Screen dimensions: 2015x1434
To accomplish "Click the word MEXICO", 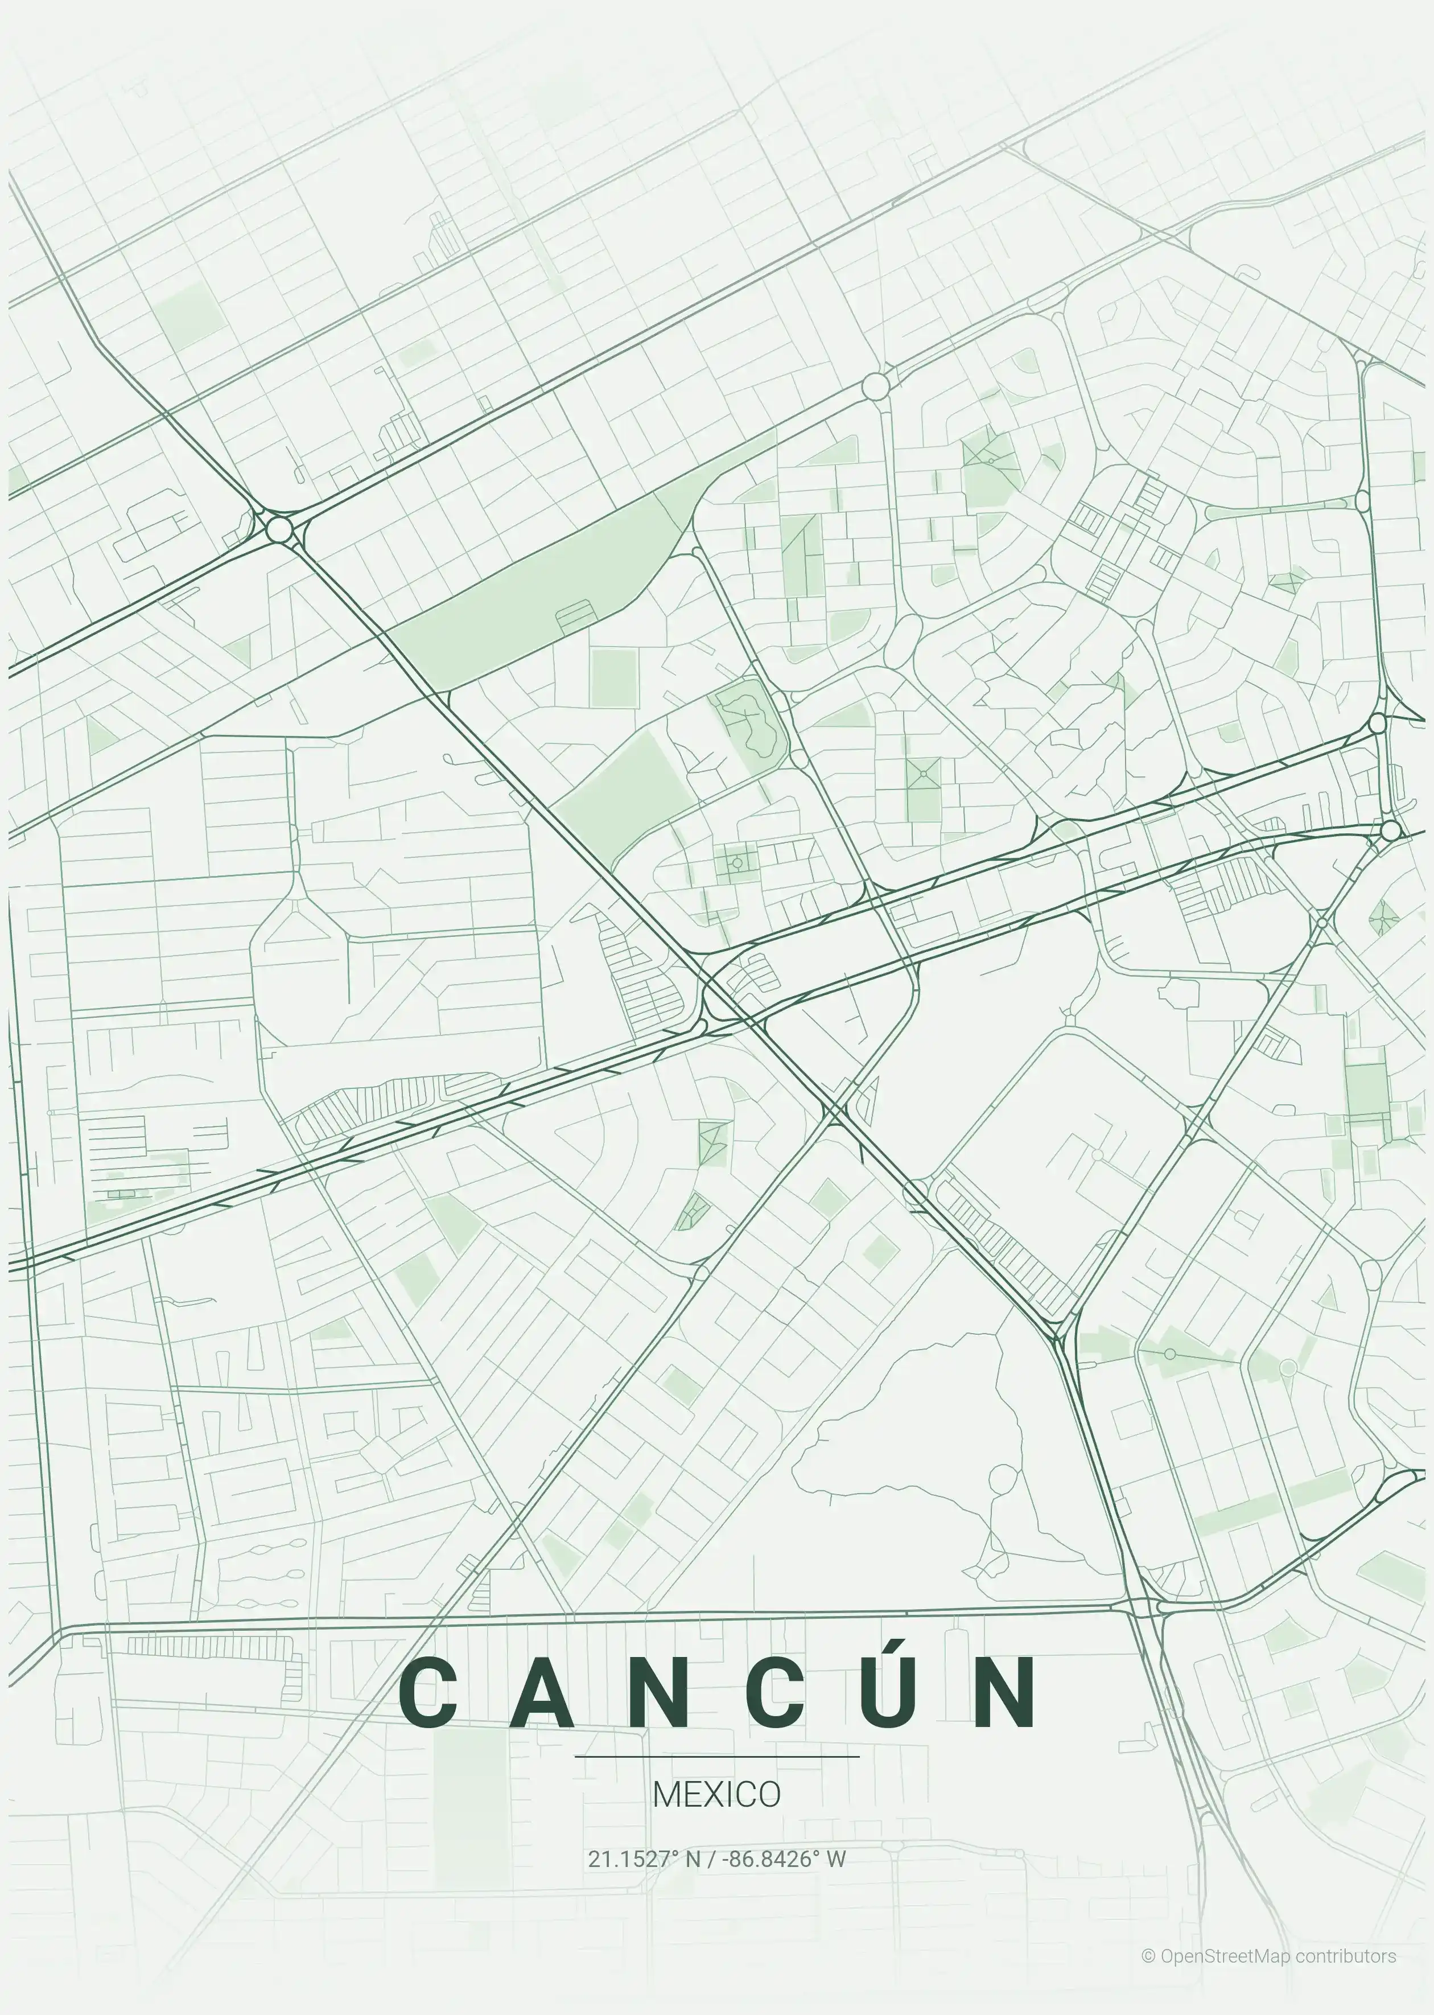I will [716, 1794].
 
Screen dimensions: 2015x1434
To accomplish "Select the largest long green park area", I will [539, 591].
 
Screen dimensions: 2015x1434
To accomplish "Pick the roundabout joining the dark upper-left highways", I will [279, 530].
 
